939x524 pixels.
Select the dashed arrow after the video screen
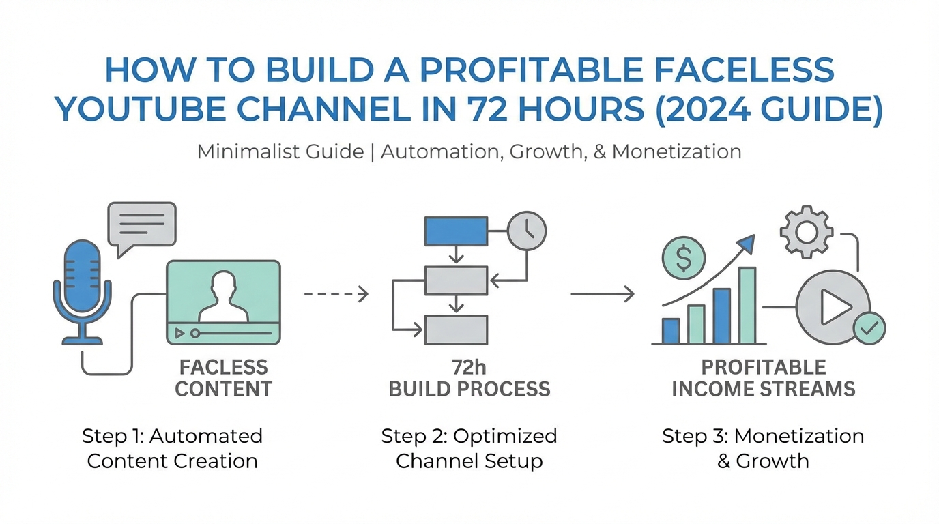click(x=336, y=294)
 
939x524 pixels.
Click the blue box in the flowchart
click(x=456, y=231)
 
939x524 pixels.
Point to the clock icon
click(x=527, y=231)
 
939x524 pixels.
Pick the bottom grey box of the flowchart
click(x=456, y=330)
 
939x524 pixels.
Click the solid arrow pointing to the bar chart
click(x=603, y=294)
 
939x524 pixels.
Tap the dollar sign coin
click(x=684, y=258)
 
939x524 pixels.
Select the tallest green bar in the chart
click(x=747, y=306)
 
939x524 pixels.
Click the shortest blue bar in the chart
click(x=671, y=331)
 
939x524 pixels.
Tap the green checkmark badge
click(x=869, y=328)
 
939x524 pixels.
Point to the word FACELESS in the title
click(x=744, y=70)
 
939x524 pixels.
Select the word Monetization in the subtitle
click(x=676, y=151)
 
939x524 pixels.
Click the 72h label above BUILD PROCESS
click(x=469, y=368)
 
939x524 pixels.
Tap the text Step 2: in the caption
click(x=415, y=436)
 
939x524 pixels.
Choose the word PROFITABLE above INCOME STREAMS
click(x=764, y=368)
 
